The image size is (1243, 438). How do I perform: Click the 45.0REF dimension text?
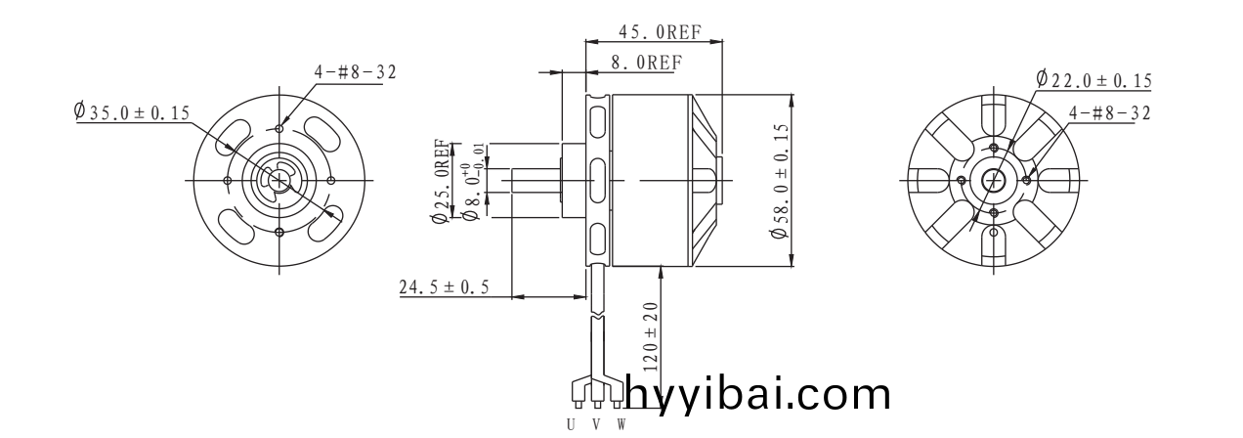660,30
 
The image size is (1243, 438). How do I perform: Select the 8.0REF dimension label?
645,62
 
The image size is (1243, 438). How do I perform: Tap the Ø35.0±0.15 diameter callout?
132,112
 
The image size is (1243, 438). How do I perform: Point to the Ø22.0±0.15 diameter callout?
1093,80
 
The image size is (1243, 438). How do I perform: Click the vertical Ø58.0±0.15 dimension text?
780,181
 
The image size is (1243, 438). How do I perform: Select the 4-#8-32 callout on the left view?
356,72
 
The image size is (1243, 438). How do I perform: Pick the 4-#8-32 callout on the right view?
1109,112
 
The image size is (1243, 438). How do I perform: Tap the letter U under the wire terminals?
572,425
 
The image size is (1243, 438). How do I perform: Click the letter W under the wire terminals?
620,425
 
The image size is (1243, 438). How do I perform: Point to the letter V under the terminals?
596,425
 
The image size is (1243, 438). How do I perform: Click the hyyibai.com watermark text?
756,395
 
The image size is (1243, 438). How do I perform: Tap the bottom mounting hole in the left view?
280,232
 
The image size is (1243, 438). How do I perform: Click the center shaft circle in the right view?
995,181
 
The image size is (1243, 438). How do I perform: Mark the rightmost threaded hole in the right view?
1026,181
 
